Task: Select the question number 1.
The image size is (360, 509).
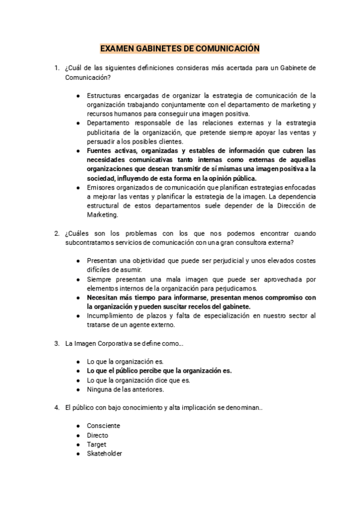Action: (x=56, y=68)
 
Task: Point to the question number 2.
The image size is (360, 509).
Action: (x=56, y=233)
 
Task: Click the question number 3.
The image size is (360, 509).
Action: (x=56, y=343)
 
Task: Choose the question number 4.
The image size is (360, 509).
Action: (x=56, y=408)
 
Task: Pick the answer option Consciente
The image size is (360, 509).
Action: (x=103, y=426)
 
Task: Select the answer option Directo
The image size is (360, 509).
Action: (x=98, y=435)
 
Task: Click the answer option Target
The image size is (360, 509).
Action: (x=97, y=444)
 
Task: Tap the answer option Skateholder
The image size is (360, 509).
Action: (x=104, y=454)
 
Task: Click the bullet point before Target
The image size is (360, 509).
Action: (x=78, y=445)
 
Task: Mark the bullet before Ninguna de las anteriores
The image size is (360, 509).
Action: (x=78, y=390)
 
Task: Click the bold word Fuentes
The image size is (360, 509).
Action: (x=101, y=150)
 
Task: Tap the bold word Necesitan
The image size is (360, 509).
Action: (x=104, y=298)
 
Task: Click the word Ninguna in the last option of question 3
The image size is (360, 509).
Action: (x=100, y=390)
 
